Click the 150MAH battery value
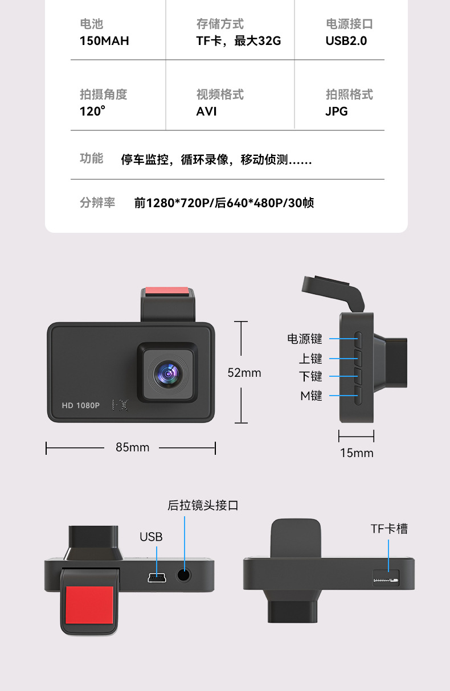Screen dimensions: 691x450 [x=104, y=41]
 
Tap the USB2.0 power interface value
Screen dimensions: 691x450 [x=346, y=41]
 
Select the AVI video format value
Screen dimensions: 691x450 [x=207, y=112]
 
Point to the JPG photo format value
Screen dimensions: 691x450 [x=337, y=112]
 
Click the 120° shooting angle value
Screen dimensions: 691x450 [x=92, y=111]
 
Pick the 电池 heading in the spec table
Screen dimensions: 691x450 [x=92, y=24]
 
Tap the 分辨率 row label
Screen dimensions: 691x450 [x=97, y=203]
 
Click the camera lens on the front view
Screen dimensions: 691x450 [x=168, y=373]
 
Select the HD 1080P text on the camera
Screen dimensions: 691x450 [x=81, y=406]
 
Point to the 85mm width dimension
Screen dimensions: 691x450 [x=132, y=447]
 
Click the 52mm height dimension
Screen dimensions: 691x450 [x=244, y=373]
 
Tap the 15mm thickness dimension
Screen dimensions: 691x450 [x=357, y=453]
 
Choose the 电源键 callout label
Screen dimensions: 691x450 [x=305, y=339]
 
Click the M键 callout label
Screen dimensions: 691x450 [x=312, y=396]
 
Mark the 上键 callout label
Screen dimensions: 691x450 [x=311, y=359]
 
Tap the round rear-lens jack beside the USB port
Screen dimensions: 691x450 [x=184, y=575]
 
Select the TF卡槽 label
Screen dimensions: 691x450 [x=389, y=529]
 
